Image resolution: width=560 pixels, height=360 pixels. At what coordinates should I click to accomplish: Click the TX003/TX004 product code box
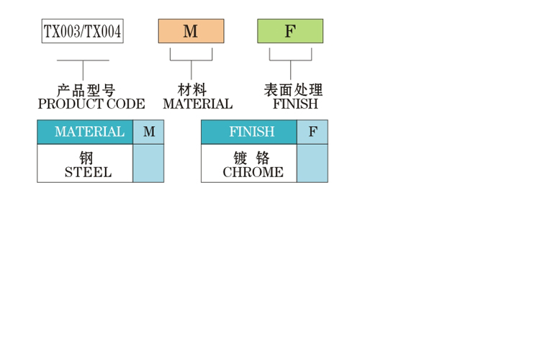click(x=83, y=32)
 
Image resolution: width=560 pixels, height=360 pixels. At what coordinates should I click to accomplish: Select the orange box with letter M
click(x=191, y=31)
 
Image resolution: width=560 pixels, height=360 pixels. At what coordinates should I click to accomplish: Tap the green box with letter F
click(x=290, y=31)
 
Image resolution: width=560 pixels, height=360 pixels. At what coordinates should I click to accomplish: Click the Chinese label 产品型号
click(x=86, y=91)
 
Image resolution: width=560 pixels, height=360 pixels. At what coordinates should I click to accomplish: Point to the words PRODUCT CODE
click(x=91, y=104)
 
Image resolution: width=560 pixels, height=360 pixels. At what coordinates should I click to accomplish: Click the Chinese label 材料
click(x=192, y=91)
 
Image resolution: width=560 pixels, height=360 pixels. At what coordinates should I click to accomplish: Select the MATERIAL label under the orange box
click(x=198, y=104)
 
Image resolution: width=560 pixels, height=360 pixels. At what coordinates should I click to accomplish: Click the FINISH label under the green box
click(x=295, y=104)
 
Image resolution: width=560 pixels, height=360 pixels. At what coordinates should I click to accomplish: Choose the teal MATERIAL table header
click(x=85, y=132)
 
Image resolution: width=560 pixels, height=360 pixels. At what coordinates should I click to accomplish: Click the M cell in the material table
click(x=149, y=132)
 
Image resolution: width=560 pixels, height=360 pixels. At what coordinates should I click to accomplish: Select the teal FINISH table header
click(x=249, y=132)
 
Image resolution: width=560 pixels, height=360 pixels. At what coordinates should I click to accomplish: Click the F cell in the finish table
click(x=312, y=132)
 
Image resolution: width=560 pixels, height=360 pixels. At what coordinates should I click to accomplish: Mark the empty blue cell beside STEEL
click(x=148, y=163)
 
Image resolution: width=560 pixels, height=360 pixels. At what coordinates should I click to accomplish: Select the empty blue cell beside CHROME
click(x=312, y=163)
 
